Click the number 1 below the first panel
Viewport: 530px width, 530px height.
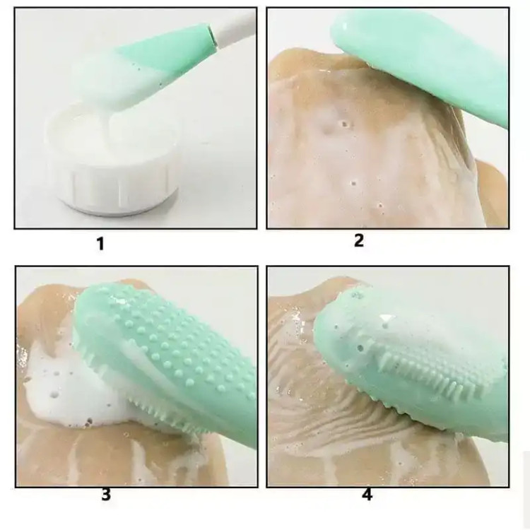click(x=100, y=244)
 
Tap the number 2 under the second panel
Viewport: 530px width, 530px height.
click(x=359, y=241)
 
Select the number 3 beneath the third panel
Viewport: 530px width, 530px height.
click(x=106, y=495)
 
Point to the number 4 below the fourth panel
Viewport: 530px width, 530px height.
click(x=367, y=495)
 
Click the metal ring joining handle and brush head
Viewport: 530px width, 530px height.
click(x=213, y=36)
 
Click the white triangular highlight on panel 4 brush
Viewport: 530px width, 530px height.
click(x=386, y=319)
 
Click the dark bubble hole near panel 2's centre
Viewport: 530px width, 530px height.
click(x=344, y=124)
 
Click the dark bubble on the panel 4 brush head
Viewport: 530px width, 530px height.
click(x=360, y=348)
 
